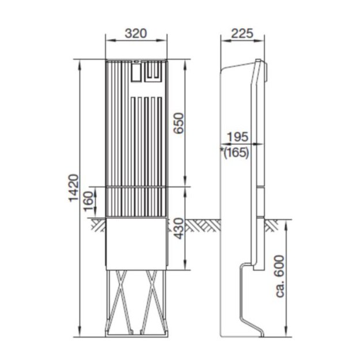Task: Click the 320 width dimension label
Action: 136,33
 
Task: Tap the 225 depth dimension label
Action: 242,33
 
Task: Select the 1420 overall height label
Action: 74,188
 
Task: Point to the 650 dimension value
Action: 179,123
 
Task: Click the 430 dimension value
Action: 179,229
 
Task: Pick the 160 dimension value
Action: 89,202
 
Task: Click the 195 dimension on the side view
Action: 238,137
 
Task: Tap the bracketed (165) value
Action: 237,153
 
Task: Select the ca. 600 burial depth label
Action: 280,276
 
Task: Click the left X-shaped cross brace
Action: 121,301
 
